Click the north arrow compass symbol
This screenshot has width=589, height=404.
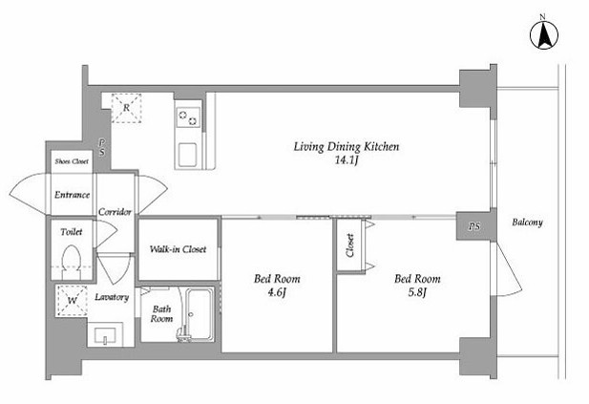[544, 35]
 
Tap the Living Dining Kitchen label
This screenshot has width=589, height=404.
[346, 146]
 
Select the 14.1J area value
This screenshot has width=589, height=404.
[346, 160]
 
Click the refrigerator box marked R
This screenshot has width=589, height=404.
[127, 108]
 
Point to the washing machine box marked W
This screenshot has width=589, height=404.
[72, 300]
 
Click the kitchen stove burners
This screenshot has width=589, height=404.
[188, 117]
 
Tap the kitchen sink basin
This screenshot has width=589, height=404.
[187, 155]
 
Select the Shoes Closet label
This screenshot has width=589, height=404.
[72, 161]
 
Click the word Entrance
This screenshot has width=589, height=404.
[73, 195]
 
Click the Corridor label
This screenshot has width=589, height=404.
[115, 212]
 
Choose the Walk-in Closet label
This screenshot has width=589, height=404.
[179, 249]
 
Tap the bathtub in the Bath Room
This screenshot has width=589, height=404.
[200, 314]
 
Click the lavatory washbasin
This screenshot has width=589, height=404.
[105, 334]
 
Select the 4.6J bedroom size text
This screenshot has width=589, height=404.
[277, 292]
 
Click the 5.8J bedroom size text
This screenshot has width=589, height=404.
[417, 292]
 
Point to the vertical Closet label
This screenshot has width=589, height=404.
[350, 245]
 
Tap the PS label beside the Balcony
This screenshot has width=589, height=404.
[474, 226]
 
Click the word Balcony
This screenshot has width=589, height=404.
[527, 223]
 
